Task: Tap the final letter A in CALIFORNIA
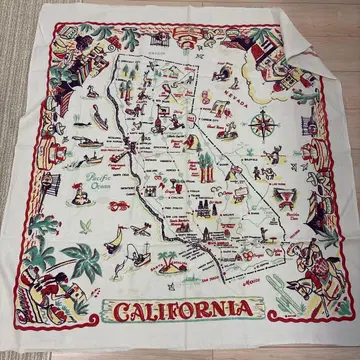click(248, 312)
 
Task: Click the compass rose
click(265, 127)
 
